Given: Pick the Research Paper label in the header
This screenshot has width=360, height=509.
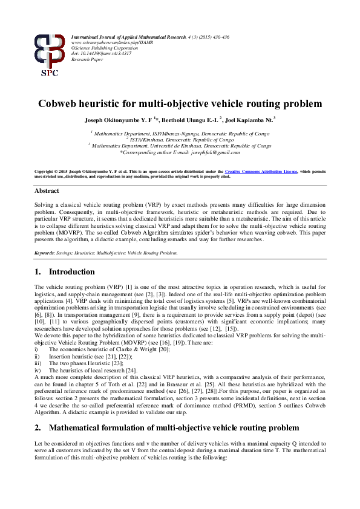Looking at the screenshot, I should [x=88, y=59].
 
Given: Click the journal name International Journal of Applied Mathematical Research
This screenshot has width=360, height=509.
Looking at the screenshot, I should [x=128, y=37].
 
